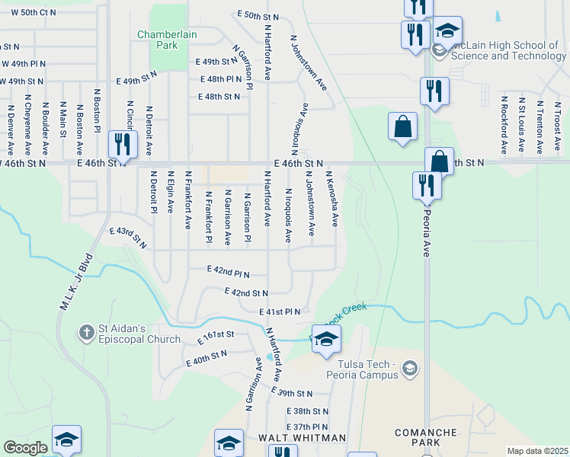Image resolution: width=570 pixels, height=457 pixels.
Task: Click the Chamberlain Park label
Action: coord(158,40)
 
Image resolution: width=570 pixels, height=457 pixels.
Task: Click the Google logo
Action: coord(25,448)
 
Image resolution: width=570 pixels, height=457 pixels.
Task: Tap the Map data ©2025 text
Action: coord(537,451)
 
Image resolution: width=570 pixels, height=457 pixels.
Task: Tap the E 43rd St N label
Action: coord(127,238)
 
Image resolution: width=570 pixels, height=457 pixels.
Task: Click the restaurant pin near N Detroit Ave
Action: coord(121,143)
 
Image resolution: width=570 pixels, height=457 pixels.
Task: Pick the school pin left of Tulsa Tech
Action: coord(326,339)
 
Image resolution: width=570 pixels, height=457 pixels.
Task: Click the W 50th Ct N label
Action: coord(28,13)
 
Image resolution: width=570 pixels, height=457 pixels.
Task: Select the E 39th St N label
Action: coord(292,393)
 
